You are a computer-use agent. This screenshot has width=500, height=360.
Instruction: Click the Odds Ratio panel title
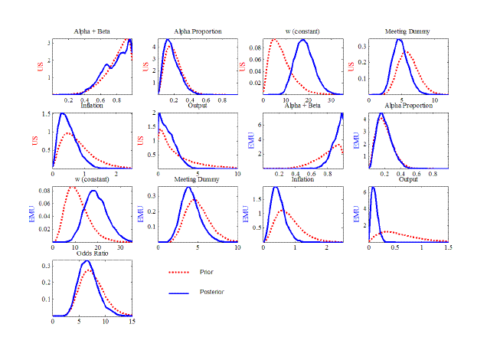point(91,254)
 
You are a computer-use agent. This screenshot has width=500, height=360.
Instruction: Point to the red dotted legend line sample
point(178,272)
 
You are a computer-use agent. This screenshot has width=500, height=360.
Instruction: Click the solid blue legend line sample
point(178,292)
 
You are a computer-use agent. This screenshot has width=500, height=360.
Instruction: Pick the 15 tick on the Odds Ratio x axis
point(132,322)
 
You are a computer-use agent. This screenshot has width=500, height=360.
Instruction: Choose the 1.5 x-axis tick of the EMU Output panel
point(447,248)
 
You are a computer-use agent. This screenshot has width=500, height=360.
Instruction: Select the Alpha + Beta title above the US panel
point(91,31)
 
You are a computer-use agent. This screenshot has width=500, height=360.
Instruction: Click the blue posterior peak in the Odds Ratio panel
point(90,261)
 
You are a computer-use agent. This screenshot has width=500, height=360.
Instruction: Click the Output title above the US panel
point(197,105)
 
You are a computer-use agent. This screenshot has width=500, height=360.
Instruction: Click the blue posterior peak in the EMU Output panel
point(373,188)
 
